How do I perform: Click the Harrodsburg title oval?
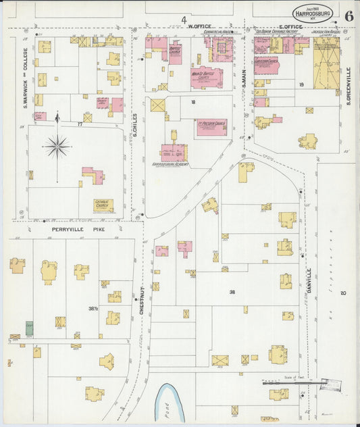coord(311,11)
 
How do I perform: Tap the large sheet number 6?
coord(348,16)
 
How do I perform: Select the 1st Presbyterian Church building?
coord(211,126)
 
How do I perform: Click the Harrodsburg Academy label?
coord(170,164)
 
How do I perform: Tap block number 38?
coord(232,292)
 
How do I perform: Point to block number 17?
coord(80,124)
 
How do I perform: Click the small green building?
coord(29,328)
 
